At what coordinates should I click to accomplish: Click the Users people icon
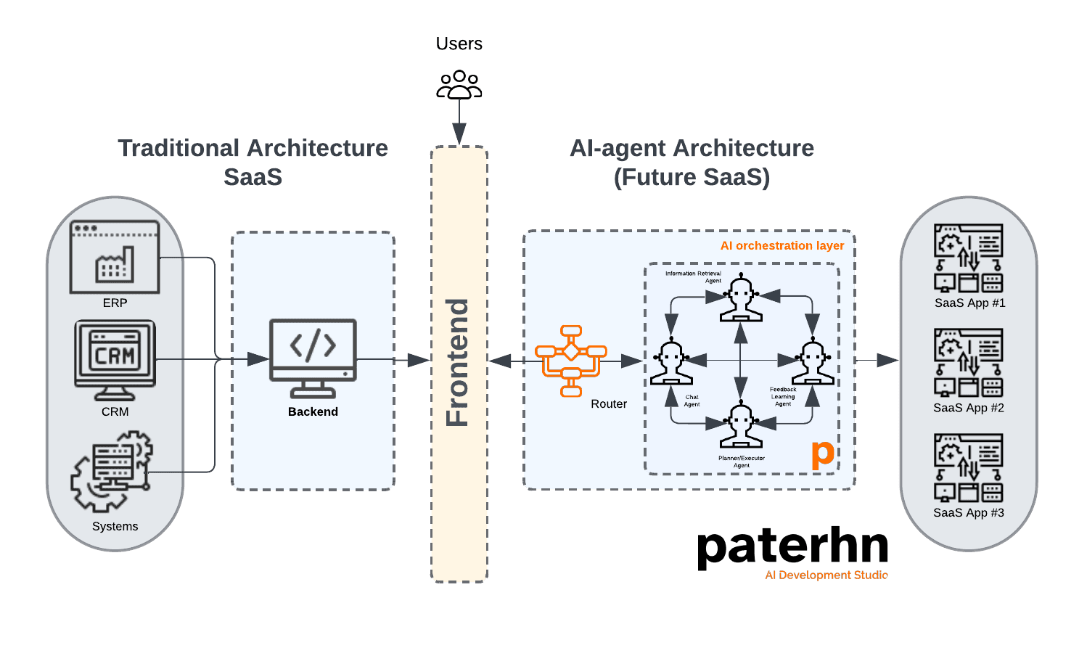pyautogui.click(x=459, y=84)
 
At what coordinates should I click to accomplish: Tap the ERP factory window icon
pyautogui.click(x=115, y=257)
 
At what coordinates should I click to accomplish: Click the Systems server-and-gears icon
pyautogui.click(x=112, y=471)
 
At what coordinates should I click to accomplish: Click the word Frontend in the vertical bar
pyautogui.click(x=458, y=362)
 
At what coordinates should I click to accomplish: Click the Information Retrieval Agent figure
pyautogui.click(x=741, y=298)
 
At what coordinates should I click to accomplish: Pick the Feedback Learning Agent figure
pyautogui.click(x=812, y=361)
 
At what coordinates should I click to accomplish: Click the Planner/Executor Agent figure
pyautogui.click(x=741, y=425)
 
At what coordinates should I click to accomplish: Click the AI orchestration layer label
pyautogui.click(x=782, y=246)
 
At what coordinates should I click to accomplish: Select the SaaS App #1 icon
pyautogui.click(x=968, y=258)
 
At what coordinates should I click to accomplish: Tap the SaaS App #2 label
pyautogui.click(x=968, y=408)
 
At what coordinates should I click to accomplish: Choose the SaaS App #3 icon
pyautogui.click(x=968, y=468)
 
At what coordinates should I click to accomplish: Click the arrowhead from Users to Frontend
pyautogui.click(x=459, y=134)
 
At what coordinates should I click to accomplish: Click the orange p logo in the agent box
pyautogui.click(x=823, y=454)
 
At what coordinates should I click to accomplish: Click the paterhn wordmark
pyautogui.click(x=792, y=548)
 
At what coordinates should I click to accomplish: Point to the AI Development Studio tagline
pyautogui.click(x=826, y=575)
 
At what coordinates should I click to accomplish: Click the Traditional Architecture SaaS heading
pyautogui.click(x=253, y=163)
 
